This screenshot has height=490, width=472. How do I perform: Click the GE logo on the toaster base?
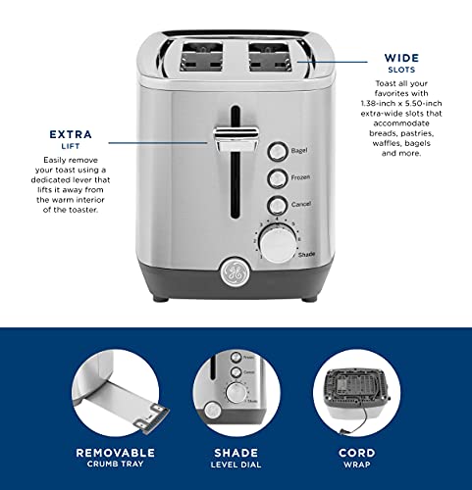click(235, 271)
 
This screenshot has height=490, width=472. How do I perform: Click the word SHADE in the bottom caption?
click(235, 453)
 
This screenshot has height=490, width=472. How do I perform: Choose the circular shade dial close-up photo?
click(236, 392)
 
